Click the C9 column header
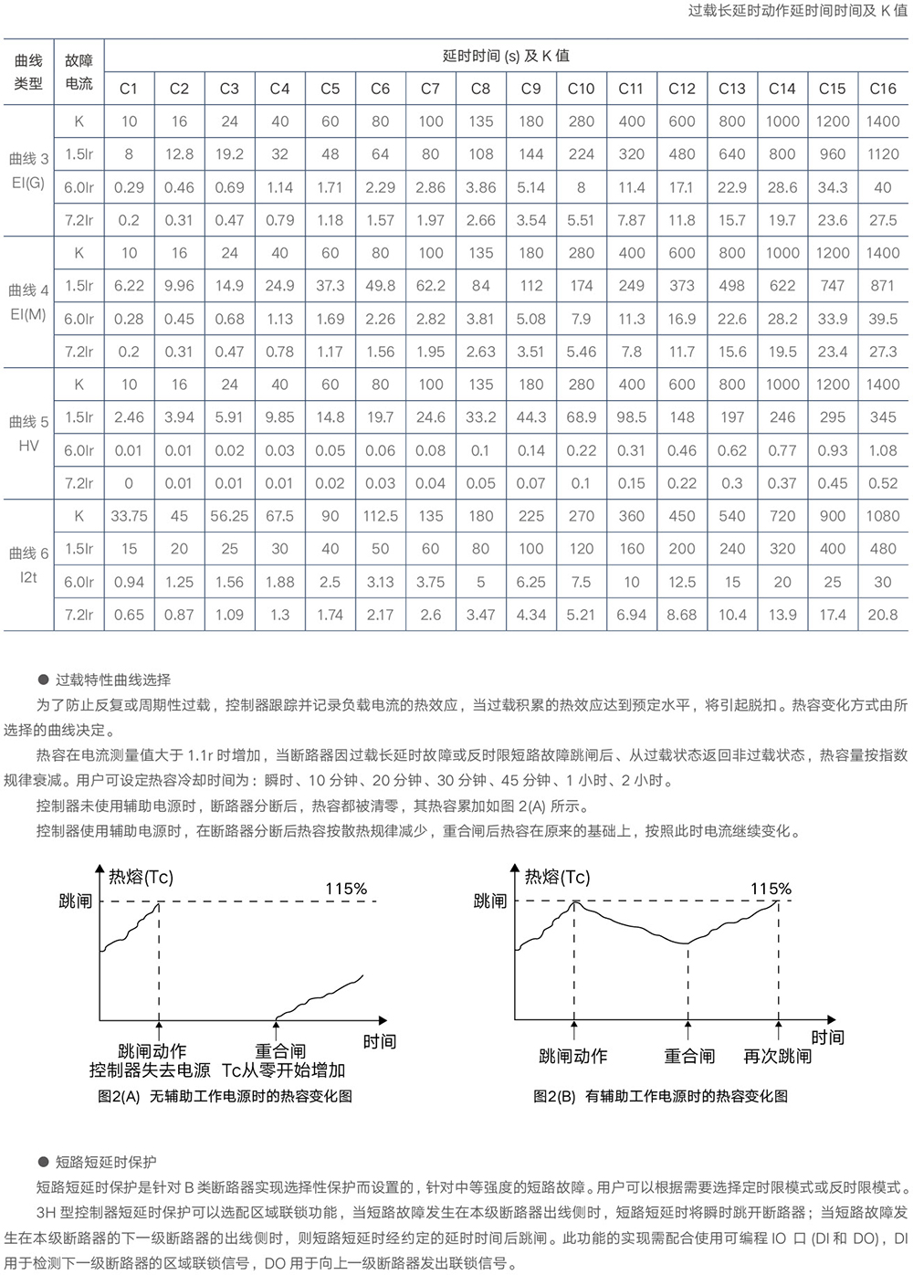tap(530, 89)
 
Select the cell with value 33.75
tap(129, 516)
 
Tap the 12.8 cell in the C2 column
tap(179, 154)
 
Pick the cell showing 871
tap(882, 286)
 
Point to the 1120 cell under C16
tap(882, 154)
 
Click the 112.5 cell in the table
tap(380, 516)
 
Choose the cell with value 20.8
tap(882, 615)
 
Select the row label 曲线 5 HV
tap(28, 434)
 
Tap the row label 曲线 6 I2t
tap(28, 565)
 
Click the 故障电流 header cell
tap(79, 72)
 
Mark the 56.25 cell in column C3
tap(229, 516)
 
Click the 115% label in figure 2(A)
tap(346, 889)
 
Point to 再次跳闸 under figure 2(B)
tap(777, 1056)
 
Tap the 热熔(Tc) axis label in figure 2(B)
tap(557, 877)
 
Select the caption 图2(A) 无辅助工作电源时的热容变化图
tap(225, 1096)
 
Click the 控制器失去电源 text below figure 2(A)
tap(149, 1070)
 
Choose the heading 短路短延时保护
tap(106, 1162)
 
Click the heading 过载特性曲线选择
tap(113, 680)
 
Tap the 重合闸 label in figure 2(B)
tap(689, 1056)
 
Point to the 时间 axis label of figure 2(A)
tap(379, 1041)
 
